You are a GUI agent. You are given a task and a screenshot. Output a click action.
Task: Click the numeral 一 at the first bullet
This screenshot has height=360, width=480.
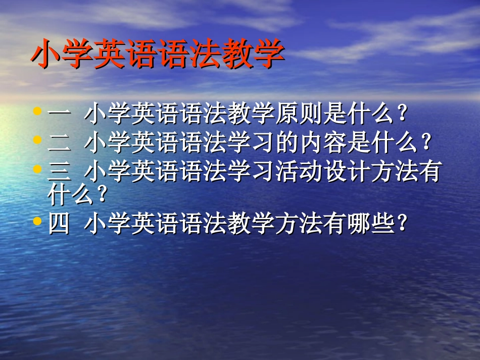point(60,115)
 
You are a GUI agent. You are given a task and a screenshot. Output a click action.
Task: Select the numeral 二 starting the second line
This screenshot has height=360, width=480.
point(60,143)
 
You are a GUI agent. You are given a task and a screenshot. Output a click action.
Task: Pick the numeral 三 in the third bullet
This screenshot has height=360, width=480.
point(60,171)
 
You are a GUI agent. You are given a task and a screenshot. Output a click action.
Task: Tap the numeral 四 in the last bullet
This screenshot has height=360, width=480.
point(60,224)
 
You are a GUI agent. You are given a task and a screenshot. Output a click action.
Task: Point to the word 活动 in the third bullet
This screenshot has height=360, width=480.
point(299,171)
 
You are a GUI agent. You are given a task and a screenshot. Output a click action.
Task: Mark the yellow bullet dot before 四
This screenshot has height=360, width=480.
point(37,220)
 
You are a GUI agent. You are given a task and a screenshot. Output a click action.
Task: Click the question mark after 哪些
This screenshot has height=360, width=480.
point(403,224)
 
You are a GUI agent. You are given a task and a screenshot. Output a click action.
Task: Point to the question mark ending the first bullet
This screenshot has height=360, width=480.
point(403,115)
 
